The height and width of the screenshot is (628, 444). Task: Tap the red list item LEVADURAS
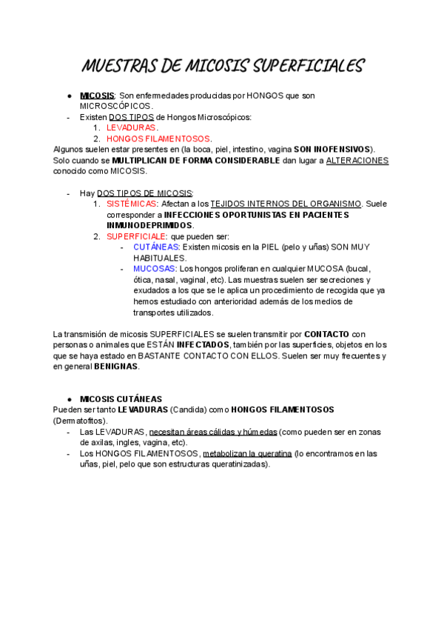click(x=131, y=127)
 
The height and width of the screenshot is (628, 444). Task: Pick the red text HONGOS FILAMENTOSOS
click(x=159, y=138)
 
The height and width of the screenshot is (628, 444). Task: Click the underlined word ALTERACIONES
click(x=357, y=160)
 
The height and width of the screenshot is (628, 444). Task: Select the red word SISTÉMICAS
click(x=131, y=204)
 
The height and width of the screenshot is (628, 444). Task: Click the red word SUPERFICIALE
click(x=136, y=236)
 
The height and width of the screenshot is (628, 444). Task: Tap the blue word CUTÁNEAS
click(x=156, y=247)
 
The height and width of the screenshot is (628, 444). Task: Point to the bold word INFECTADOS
click(x=203, y=344)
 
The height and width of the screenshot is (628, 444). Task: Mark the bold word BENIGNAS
click(x=115, y=366)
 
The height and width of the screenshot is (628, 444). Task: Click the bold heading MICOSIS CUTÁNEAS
click(x=121, y=399)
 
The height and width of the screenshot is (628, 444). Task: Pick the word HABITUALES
click(x=159, y=258)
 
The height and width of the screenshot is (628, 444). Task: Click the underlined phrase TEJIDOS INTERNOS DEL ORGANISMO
click(x=286, y=204)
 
